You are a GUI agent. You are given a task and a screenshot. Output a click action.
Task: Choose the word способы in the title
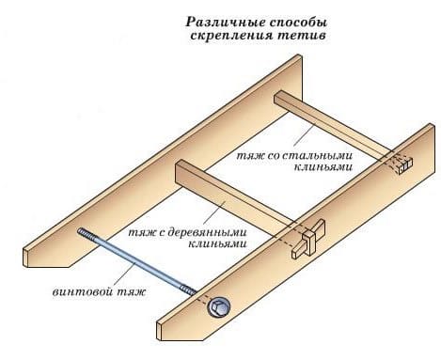pyautogui.click(x=301, y=19)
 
